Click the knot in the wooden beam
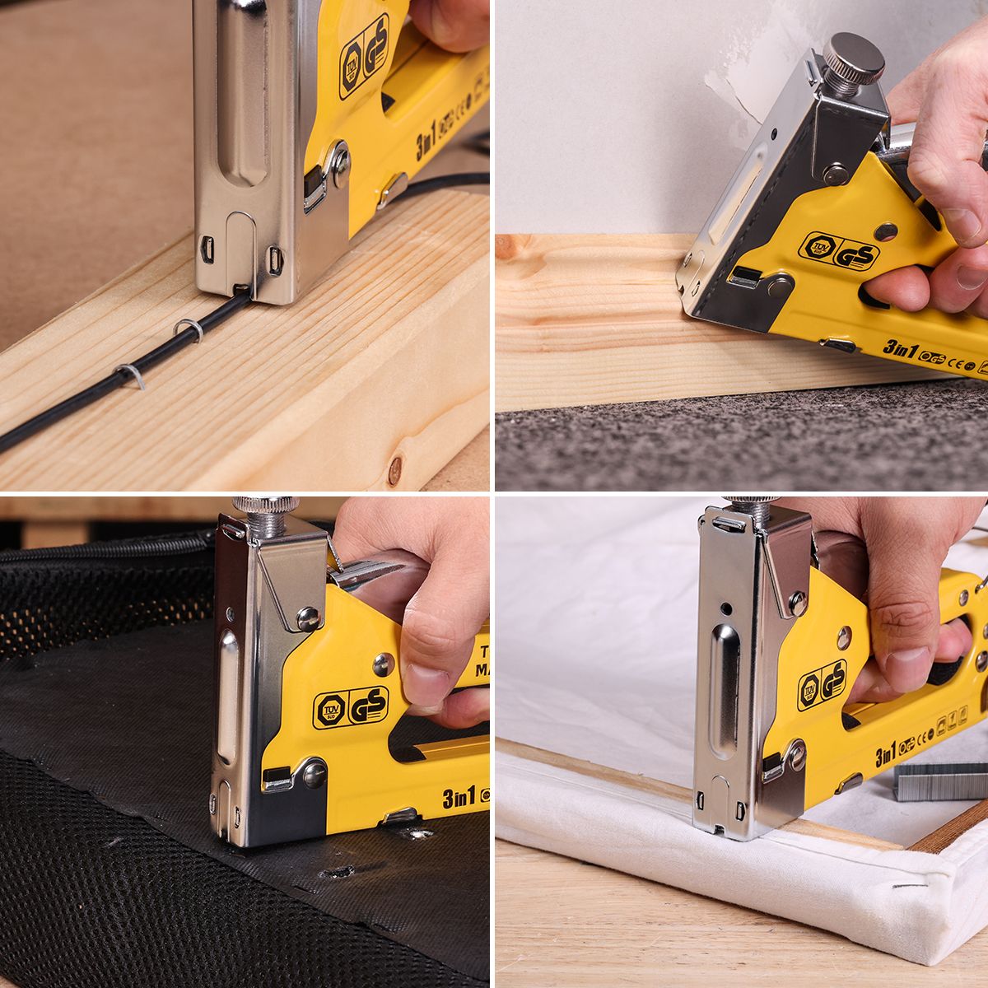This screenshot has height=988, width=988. point(394,469)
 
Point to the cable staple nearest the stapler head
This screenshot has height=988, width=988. point(189,329)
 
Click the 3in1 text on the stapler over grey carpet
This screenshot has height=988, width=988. point(900,349)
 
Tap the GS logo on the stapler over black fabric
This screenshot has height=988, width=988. point(367,706)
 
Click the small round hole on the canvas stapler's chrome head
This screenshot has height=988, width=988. point(726,610)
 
